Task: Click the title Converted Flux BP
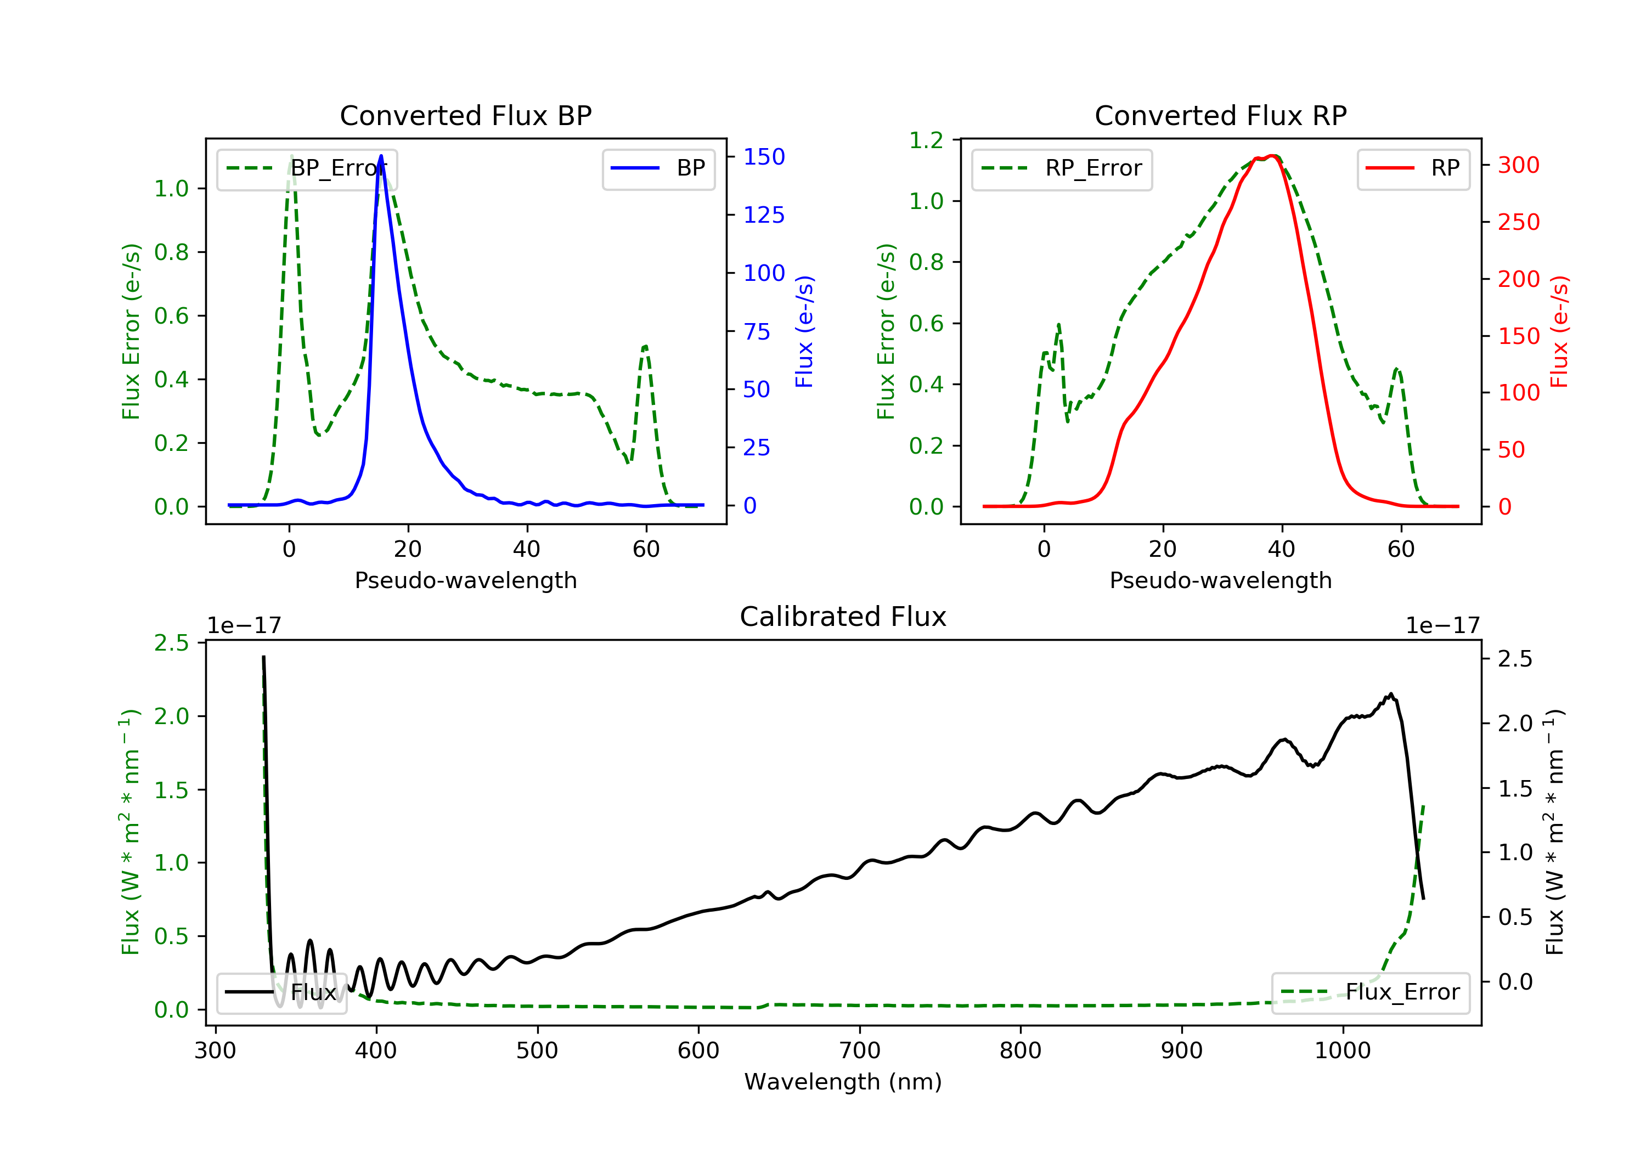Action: click(465, 115)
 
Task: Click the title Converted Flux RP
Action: click(1220, 115)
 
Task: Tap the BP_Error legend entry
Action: click(306, 168)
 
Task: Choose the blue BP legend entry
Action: click(658, 168)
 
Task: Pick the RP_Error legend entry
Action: click(1061, 168)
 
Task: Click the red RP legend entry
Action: click(1413, 168)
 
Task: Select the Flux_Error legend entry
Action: click(1370, 992)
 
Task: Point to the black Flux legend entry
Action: click(281, 992)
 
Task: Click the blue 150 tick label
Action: click(764, 156)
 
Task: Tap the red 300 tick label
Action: click(1518, 165)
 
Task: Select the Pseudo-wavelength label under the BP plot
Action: click(465, 580)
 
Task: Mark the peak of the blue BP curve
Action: click(381, 156)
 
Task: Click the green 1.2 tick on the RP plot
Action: click(926, 140)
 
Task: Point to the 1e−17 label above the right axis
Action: click(1442, 626)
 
